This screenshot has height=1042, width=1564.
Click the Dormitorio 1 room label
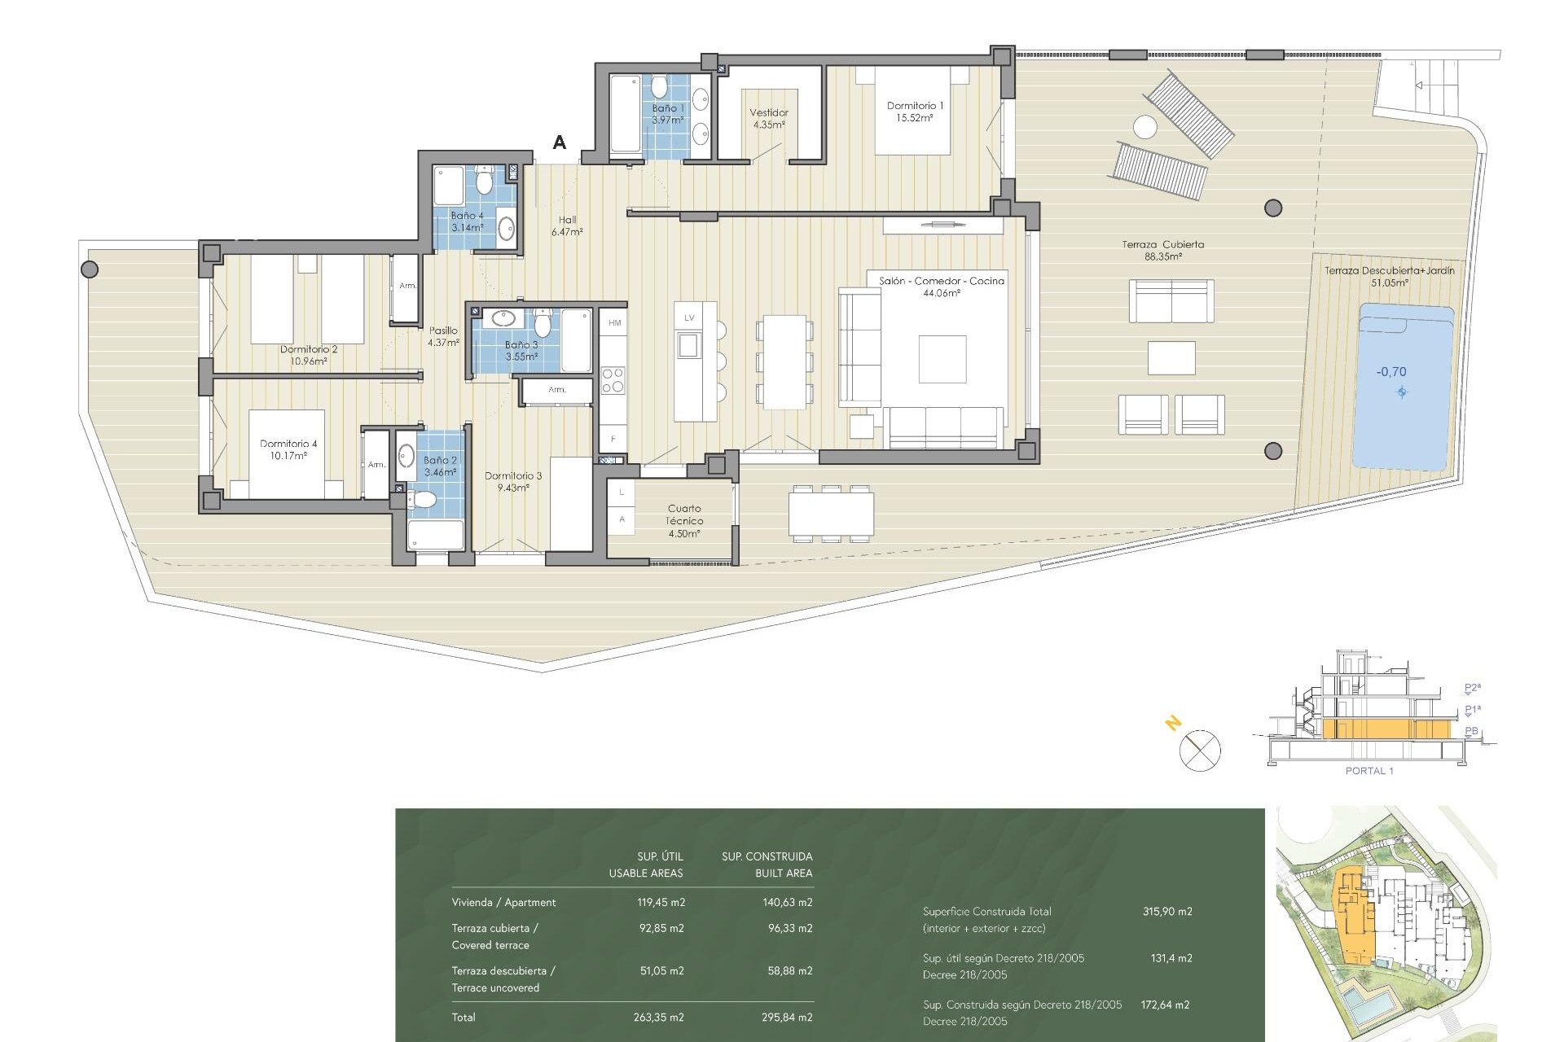[x=914, y=112]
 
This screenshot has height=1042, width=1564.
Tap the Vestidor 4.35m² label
[x=768, y=119]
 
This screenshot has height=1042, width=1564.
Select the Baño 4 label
[x=467, y=221]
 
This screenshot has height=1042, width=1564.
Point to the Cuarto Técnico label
[x=683, y=520]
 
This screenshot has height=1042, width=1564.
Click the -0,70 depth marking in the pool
[x=1391, y=372]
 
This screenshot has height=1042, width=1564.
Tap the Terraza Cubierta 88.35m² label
[x=1162, y=250]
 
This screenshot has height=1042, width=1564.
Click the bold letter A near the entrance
[x=559, y=142]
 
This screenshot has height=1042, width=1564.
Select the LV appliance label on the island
[x=689, y=317]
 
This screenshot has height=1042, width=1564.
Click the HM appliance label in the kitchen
[x=614, y=323]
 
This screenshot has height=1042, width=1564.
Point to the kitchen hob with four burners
[x=613, y=380]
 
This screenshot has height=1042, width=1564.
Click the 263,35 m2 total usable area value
[x=658, y=1017]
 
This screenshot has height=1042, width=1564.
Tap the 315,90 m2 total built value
[x=1166, y=911]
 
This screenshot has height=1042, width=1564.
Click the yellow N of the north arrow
[x=1173, y=722]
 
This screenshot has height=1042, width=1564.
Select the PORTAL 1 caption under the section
[x=1368, y=770]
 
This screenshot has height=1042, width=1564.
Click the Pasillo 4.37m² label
[x=443, y=336]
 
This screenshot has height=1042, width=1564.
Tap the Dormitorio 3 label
[x=512, y=481]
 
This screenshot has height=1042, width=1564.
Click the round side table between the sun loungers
[x=1144, y=127]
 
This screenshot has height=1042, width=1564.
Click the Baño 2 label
[x=440, y=466]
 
